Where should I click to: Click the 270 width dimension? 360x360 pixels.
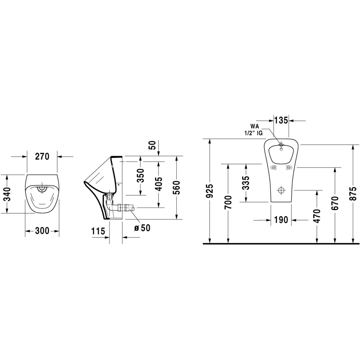(x=42, y=156)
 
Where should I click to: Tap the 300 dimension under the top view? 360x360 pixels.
(x=42, y=231)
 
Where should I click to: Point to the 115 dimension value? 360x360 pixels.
(x=98, y=232)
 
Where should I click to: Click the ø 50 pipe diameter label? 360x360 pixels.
(x=142, y=228)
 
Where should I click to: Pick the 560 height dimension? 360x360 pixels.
(x=176, y=187)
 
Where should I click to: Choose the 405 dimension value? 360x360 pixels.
(x=159, y=184)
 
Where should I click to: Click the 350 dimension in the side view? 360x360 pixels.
(x=140, y=175)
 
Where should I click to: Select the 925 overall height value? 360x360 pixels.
(x=210, y=191)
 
